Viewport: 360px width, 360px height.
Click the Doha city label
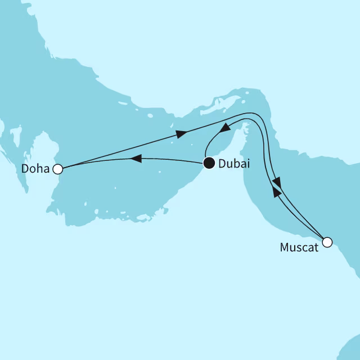35,169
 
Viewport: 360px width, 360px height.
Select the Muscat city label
299,246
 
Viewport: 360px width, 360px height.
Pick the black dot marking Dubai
209,164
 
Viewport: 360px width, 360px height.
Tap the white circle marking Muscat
327,242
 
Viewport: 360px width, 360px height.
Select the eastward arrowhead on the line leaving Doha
181,134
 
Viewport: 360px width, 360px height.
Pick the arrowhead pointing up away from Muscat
276,192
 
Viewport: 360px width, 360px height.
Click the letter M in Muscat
283,246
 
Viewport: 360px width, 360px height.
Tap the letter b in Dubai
236,164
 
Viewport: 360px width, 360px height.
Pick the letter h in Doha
38,169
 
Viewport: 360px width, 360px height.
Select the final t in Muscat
316,246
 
